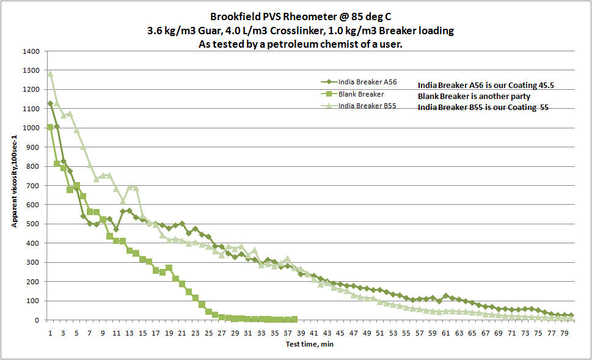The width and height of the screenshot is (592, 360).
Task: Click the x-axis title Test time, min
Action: (310, 345)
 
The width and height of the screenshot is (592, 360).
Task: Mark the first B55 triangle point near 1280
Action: (50, 74)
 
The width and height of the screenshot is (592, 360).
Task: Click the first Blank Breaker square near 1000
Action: (50, 127)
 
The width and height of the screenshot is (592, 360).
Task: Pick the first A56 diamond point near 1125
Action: (50, 103)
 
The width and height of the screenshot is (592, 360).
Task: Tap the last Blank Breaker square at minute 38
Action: (294, 319)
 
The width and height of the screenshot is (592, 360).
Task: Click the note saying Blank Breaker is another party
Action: (478, 97)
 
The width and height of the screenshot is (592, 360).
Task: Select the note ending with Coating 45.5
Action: (486, 85)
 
